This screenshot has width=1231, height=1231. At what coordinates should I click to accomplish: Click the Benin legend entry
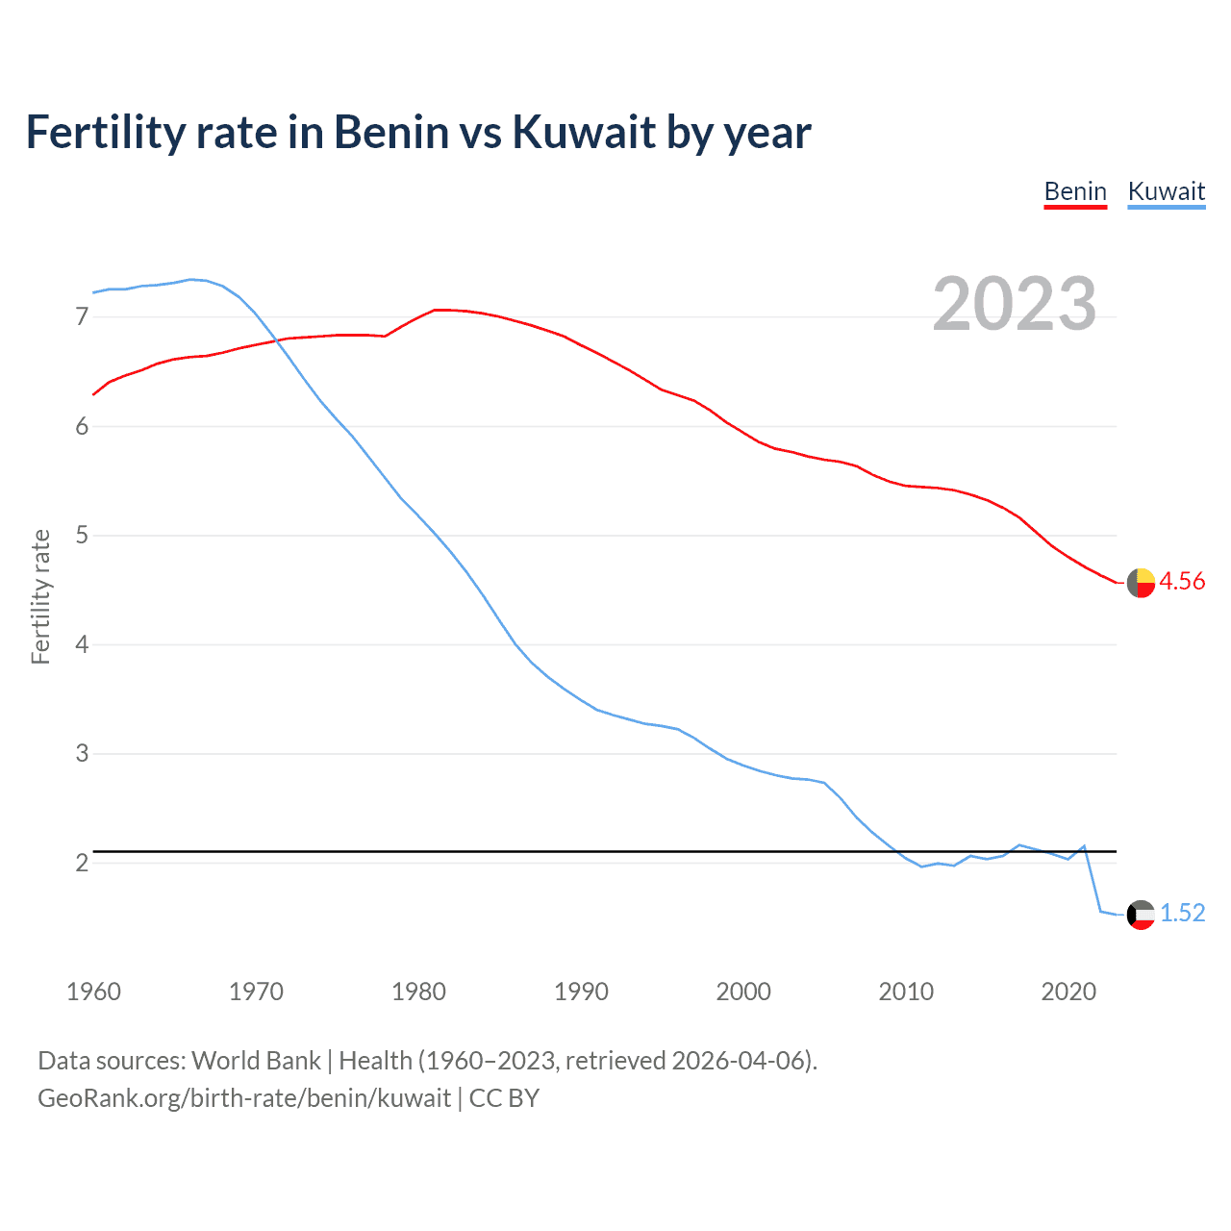pyautogui.click(x=1075, y=191)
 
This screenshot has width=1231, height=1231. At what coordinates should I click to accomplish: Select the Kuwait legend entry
pyautogui.click(x=1166, y=191)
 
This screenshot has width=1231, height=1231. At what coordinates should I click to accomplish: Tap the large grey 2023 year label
pyautogui.click(x=1015, y=304)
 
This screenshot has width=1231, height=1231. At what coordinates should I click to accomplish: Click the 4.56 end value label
pyautogui.click(x=1182, y=581)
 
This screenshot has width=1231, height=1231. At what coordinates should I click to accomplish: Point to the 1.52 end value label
pyautogui.click(x=1182, y=913)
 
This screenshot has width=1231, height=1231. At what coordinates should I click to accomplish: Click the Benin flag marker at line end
pyautogui.click(x=1141, y=583)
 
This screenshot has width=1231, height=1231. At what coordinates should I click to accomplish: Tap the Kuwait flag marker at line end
pyautogui.click(x=1141, y=915)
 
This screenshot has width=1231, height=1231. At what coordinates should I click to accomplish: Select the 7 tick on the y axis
pyautogui.click(x=82, y=316)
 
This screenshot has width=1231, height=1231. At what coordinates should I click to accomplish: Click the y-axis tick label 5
pyautogui.click(x=82, y=535)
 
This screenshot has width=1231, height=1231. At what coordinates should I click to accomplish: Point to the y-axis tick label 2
pyautogui.click(x=82, y=863)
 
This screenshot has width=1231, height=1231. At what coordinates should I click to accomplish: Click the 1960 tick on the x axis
pyautogui.click(x=93, y=992)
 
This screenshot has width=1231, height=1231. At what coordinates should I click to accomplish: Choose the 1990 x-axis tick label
pyautogui.click(x=581, y=992)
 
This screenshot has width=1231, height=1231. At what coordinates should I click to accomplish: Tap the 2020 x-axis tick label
pyautogui.click(x=1068, y=992)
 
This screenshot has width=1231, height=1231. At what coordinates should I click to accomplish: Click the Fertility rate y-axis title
pyautogui.click(x=40, y=596)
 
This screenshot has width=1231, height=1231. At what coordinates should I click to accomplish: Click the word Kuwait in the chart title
pyautogui.click(x=585, y=132)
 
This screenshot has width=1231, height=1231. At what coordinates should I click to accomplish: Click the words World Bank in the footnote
pyautogui.click(x=256, y=1061)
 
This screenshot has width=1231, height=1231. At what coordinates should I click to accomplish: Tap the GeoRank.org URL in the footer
pyautogui.click(x=244, y=1098)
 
